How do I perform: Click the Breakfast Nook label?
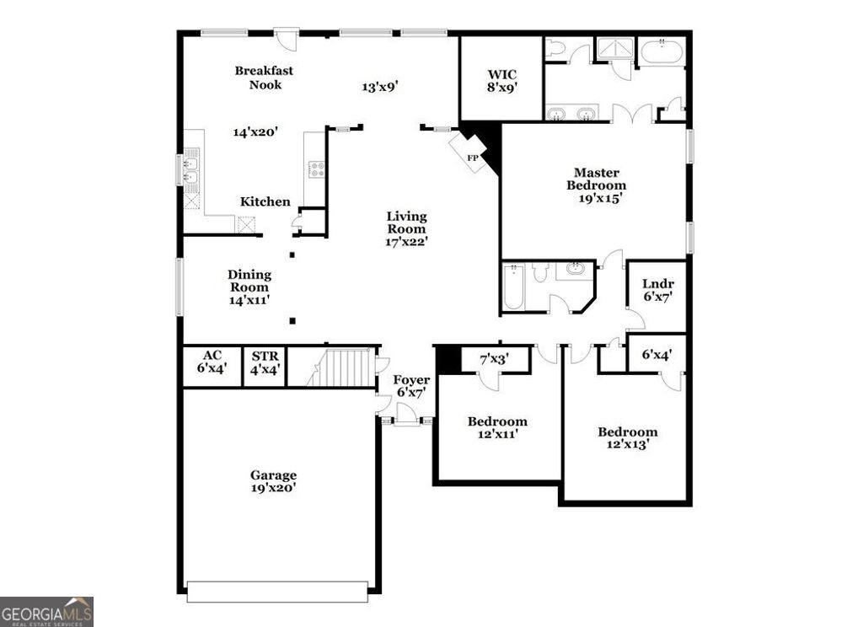pyautogui.click(x=264, y=78)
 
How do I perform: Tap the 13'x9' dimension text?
pyautogui.click(x=379, y=86)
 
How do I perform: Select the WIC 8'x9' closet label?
pyautogui.click(x=501, y=79)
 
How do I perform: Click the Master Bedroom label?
pyautogui.click(x=596, y=185)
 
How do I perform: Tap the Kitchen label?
pyautogui.click(x=265, y=201)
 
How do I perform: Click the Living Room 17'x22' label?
pyautogui.click(x=407, y=228)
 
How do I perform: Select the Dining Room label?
pyautogui.click(x=249, y=287)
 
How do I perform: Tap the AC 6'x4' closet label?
pyautogui.click(x=212, y=362)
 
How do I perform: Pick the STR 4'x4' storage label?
pyautogui.click(x=265, y=362)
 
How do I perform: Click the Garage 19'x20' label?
pyautogui.click(x=273, y=481)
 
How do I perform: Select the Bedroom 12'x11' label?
pyautogui.click(x=497, y=427)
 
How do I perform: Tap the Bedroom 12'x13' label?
pyautogui.click(x=627, y=438)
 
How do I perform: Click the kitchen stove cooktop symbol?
pyautogui.click(x=317, y=169)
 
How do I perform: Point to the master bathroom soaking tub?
pyautogui.click(x=662, y=51)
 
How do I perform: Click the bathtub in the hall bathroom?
pyautogui.click(x=512, y=288)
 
